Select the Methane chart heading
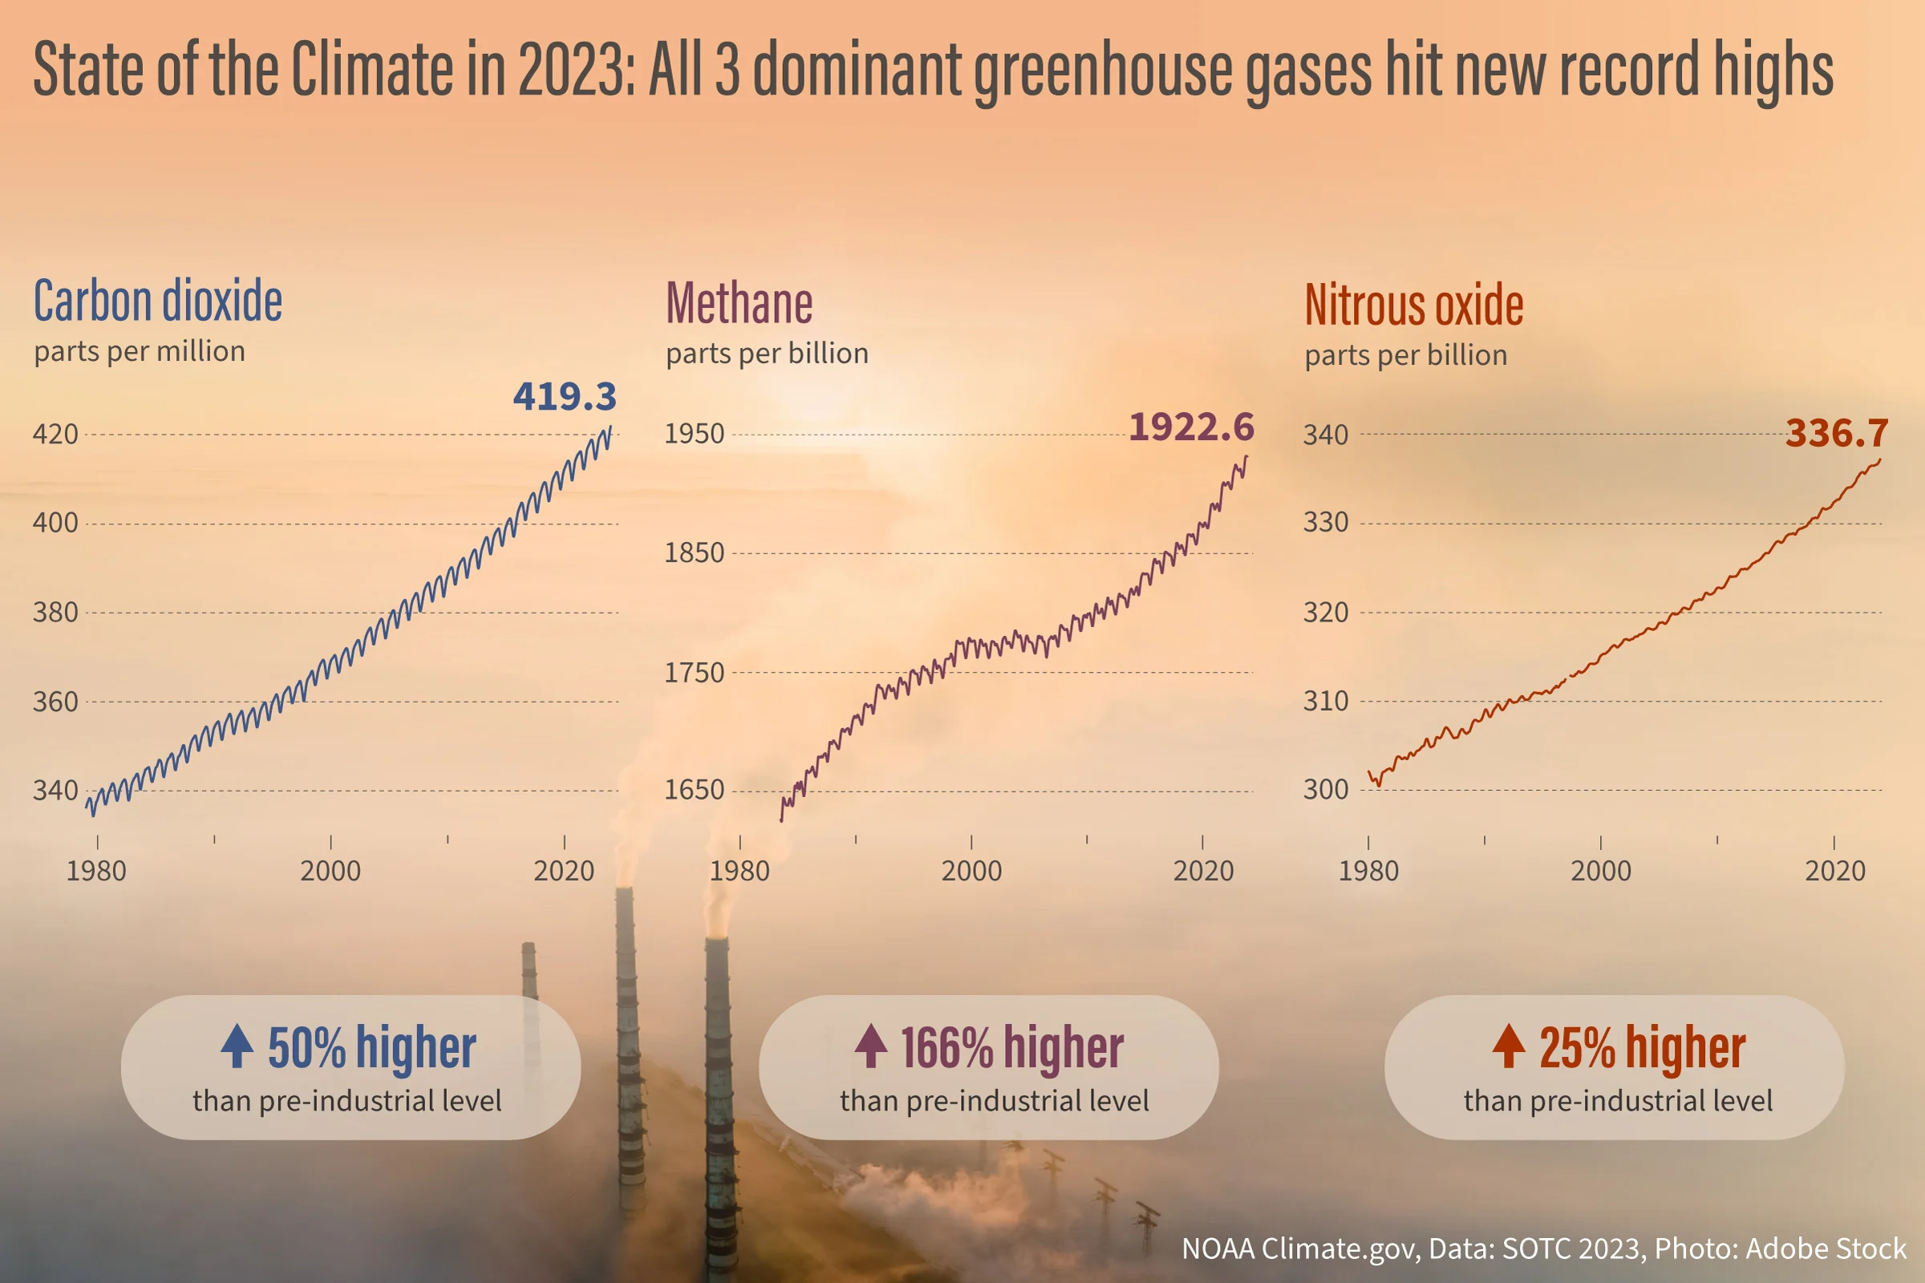pyautogui.click(x=739, y=303)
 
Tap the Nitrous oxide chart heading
pyautogui.click(x=1413, y=305)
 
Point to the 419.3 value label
pyautogui.click(x=565, y=397)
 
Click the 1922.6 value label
pyautogui.click(x=1192, y=427)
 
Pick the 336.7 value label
pyautogui.click(x=1837, y=433)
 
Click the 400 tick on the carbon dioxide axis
pyautogui.click(x=55, y=523)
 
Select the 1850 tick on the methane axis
pyautogui.click(x=694, y=553)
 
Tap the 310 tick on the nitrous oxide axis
pyautogui.click(x=1326, y=701)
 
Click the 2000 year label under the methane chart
pyautogui.click(x=971, y=871)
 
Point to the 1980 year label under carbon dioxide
pyautogui.click(x=96, y=871)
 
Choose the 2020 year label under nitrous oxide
pyautogui.click(x=1835, y=871)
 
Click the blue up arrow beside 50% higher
pyautogui.click(x=237, y=1046)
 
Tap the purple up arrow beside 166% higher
pyautogui.click(x=871, y=1046)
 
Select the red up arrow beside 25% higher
pyautogui.click(x=1509, y=1046)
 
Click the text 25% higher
pyautogui.click(x=1643, y=1047)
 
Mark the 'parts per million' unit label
pyautogui.click(x=140, y=352)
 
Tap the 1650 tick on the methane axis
pyautogui.click(x=694, y=791)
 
